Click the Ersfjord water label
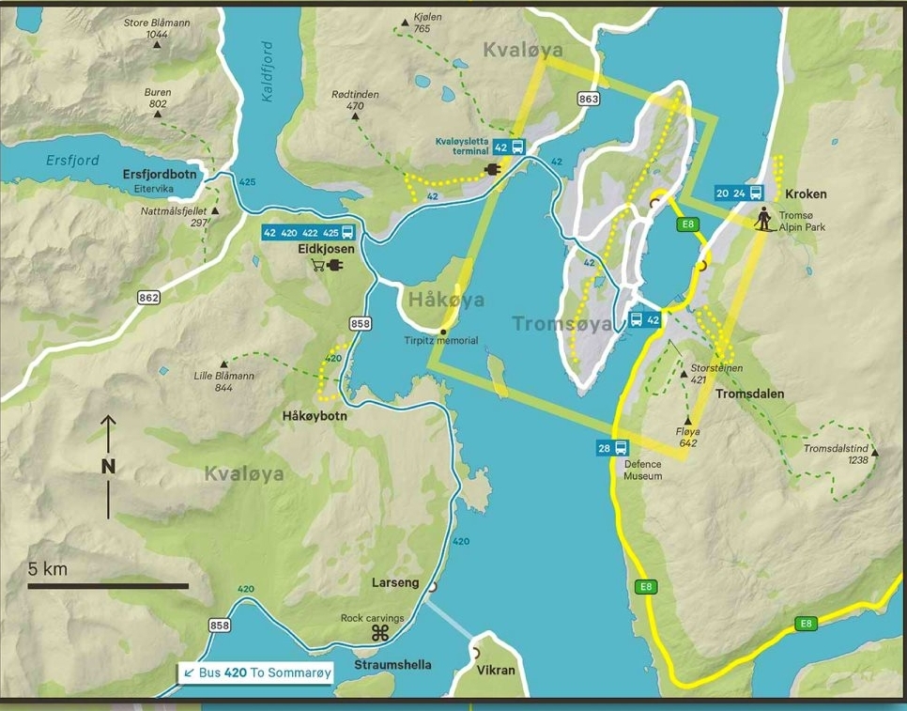[73, 160]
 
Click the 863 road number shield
[589, 99]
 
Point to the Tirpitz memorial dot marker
[443, 332]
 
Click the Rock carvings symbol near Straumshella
[379, 635]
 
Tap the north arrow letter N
[108, 465]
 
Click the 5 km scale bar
[108, 586]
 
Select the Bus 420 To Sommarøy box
[254, 672]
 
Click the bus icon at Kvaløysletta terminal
[517, 147]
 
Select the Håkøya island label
[447, 300]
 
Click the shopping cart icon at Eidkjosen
[318, 266]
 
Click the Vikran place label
[496, 670]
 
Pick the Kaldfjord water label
[267, 71]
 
